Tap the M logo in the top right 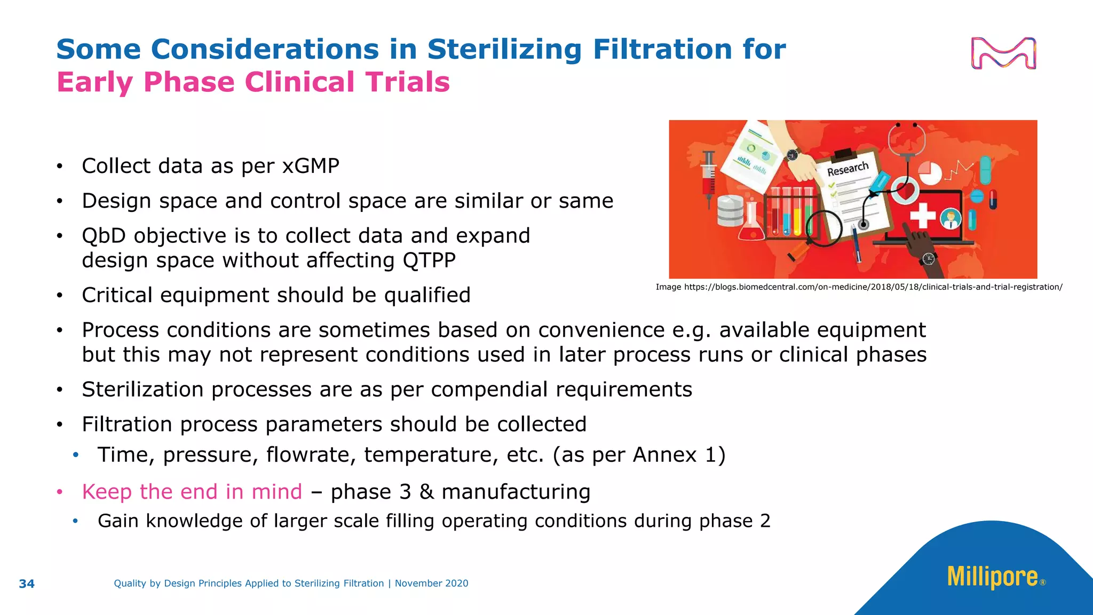[1003, 53]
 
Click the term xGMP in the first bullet [311, 166]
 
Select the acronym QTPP [429, 261]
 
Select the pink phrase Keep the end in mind [192, 492]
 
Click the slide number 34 [27, 584]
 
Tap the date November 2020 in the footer [431, 584]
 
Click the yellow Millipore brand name [993, 577]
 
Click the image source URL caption [859, 287]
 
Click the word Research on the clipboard [848, 169]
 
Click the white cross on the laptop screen [923, 216]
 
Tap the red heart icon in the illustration [904, 190]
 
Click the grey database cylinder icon [730, 211]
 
